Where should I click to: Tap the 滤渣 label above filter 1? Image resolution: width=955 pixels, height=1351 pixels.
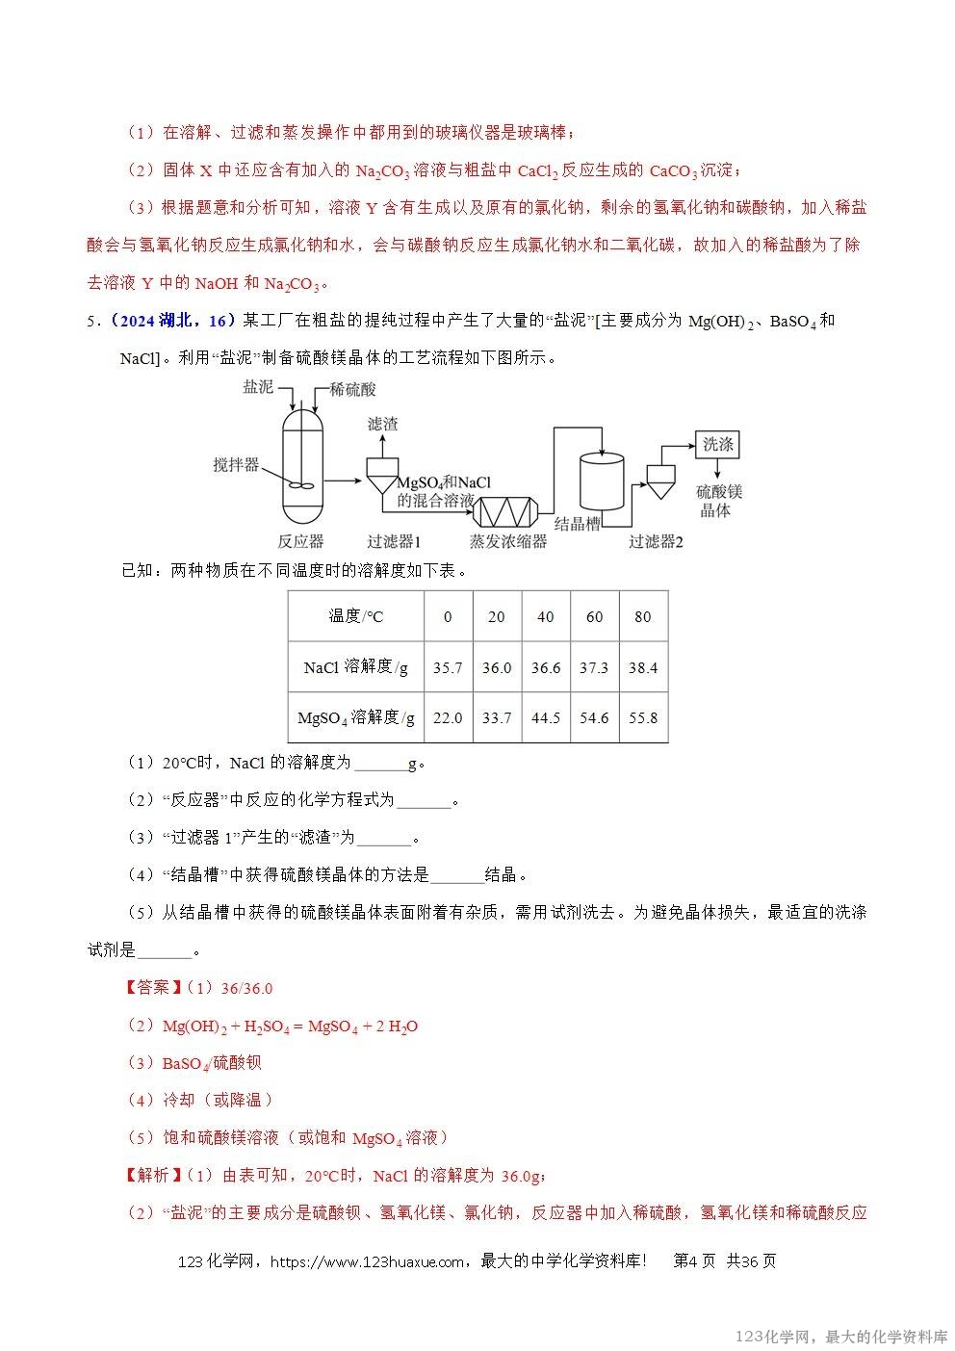coord(382,424)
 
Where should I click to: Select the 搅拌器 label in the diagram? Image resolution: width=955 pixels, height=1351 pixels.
coord(236,465)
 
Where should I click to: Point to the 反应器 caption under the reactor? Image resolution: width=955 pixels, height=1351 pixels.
coord(300,541)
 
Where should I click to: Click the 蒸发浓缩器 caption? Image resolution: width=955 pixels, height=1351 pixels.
coord(507,541)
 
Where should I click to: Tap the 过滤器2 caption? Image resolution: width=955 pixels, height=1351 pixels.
coord(656,541)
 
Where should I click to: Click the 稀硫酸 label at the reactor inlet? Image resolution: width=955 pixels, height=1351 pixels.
coord(352,389)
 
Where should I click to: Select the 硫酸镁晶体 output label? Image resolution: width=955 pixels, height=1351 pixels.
coord(718,501)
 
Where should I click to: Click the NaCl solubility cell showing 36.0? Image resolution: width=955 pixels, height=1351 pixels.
coord(497,667)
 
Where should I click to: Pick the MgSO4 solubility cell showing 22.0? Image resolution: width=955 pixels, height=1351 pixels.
coord(448,717)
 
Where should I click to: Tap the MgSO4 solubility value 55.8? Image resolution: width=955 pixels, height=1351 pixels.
coord(642,717)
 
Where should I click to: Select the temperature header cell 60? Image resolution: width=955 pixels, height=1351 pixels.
coord(594,616)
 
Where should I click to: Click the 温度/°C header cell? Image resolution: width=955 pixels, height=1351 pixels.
coord(355,616)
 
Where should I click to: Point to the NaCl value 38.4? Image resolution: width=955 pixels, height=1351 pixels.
coord(642,667)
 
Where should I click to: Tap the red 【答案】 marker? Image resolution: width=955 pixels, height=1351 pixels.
coord(150,988)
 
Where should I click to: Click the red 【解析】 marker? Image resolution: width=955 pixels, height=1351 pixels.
coord(150,1175)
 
